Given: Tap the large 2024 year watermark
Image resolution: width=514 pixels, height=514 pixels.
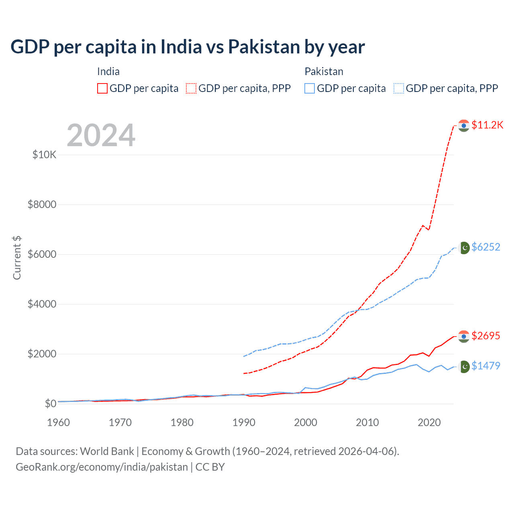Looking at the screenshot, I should point(101,135).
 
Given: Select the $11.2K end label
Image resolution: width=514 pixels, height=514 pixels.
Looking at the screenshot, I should point(487,125).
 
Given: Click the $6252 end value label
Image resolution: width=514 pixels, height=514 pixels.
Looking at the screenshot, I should point(486,247).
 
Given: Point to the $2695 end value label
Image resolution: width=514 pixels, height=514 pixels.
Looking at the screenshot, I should point(486,336).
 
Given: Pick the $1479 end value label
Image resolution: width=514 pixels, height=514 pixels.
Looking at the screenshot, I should point(486,366).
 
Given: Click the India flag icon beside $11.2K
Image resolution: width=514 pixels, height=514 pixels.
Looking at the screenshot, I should point(464,126).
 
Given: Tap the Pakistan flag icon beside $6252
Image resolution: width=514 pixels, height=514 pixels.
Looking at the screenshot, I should point(464,248).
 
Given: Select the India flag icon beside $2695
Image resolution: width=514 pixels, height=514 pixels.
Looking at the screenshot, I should point(464,337).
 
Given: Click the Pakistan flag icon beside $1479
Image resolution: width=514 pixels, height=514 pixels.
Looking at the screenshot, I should point(464,367).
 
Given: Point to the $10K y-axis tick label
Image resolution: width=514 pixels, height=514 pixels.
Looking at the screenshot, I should point(44,155).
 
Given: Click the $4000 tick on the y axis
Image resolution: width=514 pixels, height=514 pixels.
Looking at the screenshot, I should point(42,304).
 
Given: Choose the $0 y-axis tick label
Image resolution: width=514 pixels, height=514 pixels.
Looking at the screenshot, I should point(50,404).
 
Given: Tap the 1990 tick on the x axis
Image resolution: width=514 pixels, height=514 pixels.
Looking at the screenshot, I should point(244,422).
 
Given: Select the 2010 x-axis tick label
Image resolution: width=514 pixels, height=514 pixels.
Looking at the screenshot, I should point(367,422).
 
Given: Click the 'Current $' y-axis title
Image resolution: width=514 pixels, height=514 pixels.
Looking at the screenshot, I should point(17,258).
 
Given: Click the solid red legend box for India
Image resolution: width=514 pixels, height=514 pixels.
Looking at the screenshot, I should point(102,88).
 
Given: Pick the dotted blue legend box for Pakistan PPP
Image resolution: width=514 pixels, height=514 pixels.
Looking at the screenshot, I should point(399,88).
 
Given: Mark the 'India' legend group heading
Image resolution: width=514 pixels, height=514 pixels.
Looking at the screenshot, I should point(108,71).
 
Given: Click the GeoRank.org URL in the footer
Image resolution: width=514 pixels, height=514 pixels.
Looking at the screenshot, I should point(102,467).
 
